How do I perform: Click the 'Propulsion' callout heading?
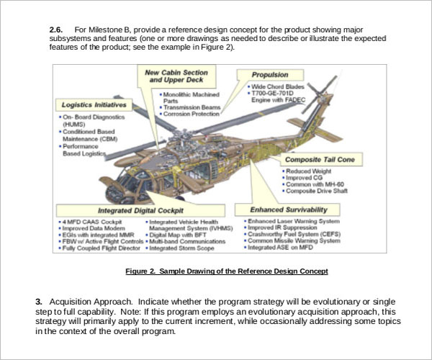point(269,75)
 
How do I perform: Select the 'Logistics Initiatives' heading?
point(94,105)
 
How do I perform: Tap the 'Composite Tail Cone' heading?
point(321,158)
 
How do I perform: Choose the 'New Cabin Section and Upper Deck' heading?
point(176,77)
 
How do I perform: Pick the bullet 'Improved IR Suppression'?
point(282,227)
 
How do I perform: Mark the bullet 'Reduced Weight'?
point(310,171)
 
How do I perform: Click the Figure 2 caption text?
point(227,271)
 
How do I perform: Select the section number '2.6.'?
point(56,29)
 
